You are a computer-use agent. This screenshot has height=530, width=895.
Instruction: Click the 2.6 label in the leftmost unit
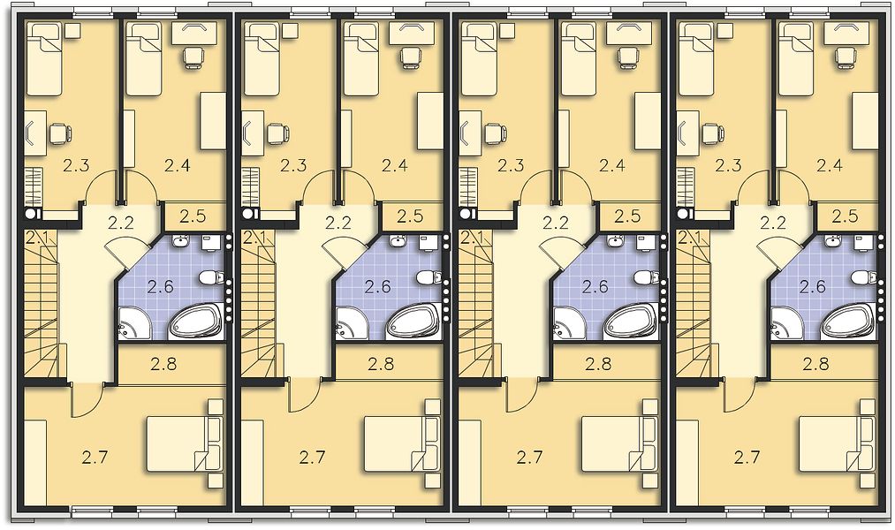(161, 286)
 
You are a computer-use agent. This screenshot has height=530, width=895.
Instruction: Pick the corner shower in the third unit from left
(569, 324)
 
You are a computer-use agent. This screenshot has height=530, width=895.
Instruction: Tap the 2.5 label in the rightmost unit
(845, 216)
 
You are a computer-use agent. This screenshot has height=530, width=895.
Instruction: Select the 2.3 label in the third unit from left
(511, 165)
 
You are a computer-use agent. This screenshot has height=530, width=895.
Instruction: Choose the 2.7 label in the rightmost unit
(747, 457)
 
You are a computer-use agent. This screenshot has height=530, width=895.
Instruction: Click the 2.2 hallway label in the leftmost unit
(121, 222)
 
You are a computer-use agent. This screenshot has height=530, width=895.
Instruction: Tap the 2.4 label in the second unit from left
(394, 165)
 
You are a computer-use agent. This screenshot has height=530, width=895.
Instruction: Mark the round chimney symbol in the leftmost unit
(30, 214)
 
